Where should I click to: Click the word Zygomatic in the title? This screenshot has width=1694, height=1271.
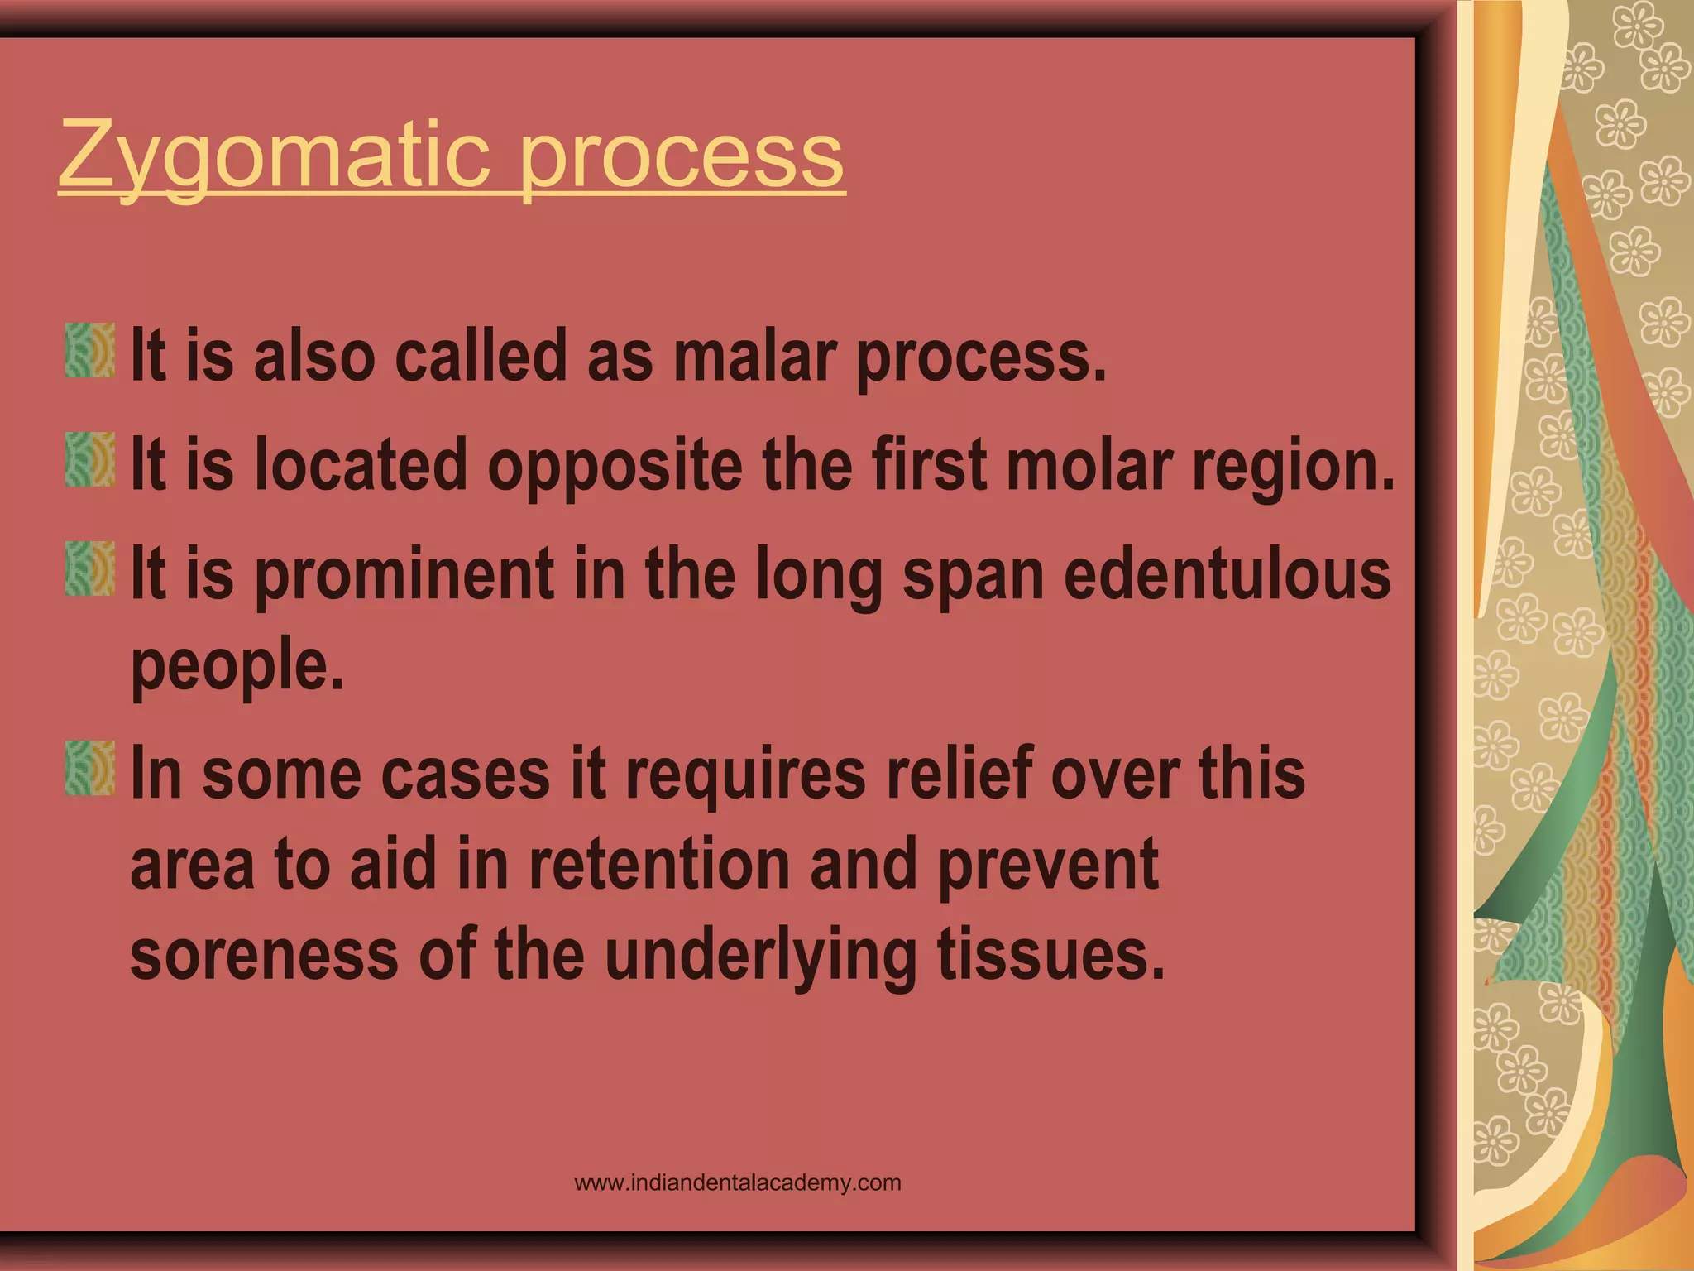(x=273, y=155)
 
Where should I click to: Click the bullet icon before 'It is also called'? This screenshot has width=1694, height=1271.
(x=90, y=351)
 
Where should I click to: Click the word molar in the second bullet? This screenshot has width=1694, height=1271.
(x=1089, y=465)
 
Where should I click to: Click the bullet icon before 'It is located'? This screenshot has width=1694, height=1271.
(x=90, y=459)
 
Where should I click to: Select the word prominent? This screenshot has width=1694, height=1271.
(x=404, y=575)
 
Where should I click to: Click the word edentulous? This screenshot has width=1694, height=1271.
(x=1227, y=575)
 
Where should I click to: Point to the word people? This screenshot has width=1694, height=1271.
(x=237, y=666)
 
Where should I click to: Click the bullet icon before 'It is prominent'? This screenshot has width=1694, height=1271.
(x=90, y=569)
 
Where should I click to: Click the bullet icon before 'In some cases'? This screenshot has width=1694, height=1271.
(x=90, y=769)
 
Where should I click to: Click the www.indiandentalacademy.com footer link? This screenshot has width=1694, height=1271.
(x=737, y=1182)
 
